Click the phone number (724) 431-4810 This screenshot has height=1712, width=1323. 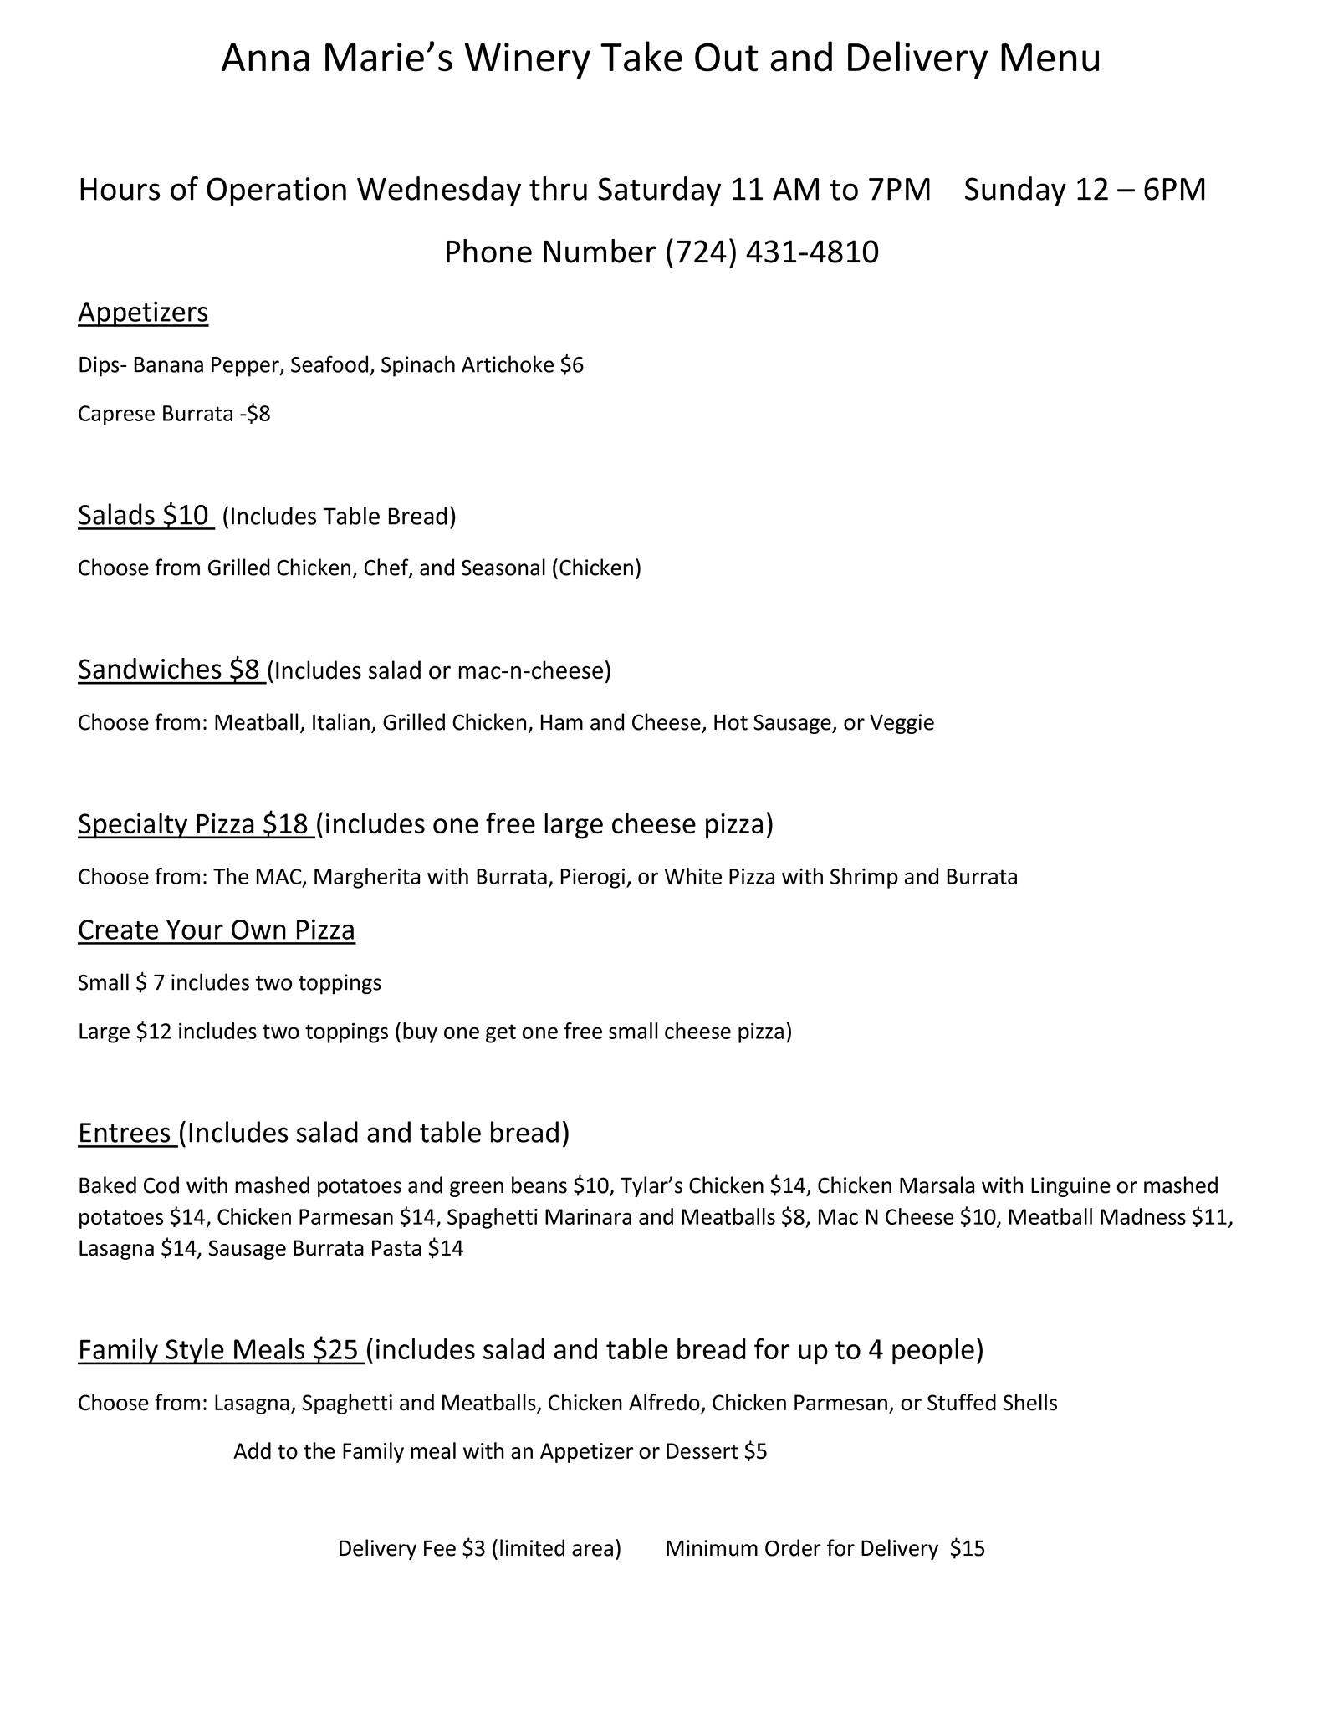[771, 252]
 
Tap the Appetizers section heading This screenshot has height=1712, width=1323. [143, 312]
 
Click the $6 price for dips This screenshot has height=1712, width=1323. [572, 365]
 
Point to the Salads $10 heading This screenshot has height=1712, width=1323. [144, 515]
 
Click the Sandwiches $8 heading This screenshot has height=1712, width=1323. [170, 669]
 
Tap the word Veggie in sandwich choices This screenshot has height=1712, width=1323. [902, 722]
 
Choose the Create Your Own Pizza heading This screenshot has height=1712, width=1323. [217, 930]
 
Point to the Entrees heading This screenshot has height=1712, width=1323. [125, 1132]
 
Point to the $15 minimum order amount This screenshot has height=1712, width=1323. [968, 1548]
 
